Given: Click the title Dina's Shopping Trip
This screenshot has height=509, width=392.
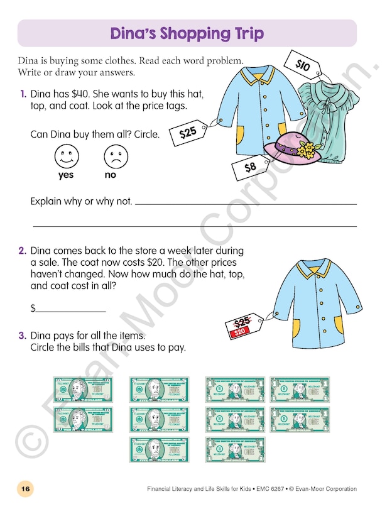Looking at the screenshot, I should point(187,33).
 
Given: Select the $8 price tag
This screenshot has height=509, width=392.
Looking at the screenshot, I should point(250,167).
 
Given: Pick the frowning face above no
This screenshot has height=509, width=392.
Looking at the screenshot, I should point(112,155).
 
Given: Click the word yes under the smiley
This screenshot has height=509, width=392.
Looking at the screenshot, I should point(66,175).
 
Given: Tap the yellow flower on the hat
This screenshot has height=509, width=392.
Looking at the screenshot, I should point(306,150).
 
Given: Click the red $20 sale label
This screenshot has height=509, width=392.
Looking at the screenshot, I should point(239,331).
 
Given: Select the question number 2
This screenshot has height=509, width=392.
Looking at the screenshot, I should point(22,251).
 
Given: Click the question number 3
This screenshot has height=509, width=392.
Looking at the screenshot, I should point(22,336).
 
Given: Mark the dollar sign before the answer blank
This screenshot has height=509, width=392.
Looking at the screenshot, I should point(33,309).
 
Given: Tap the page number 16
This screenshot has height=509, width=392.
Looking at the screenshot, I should point(24,488).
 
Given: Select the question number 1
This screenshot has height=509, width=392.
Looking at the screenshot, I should point(23,94).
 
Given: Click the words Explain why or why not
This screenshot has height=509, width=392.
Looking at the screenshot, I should point(81,202).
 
